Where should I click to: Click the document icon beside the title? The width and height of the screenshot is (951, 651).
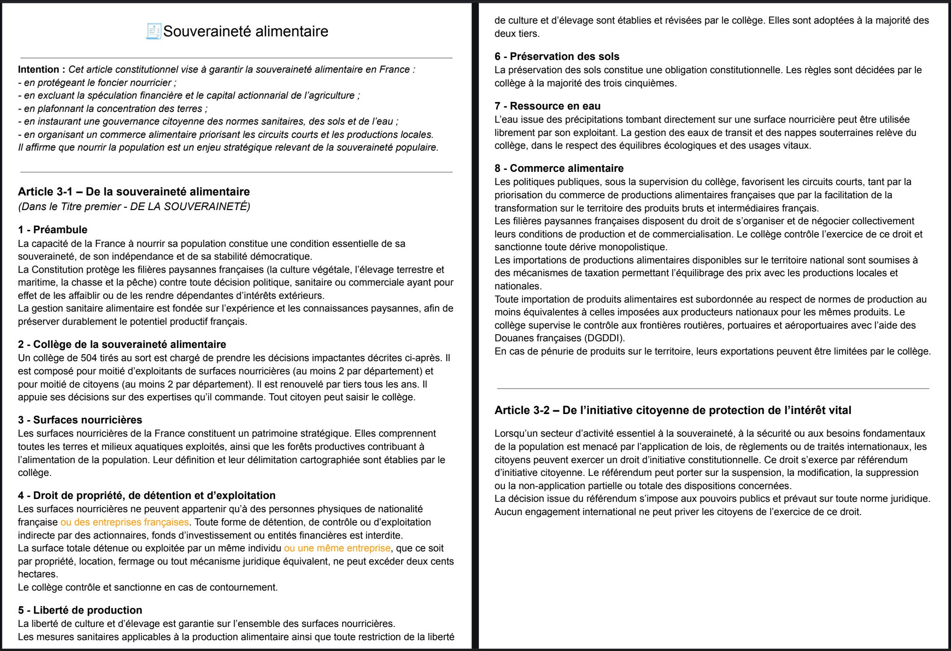point(154,31)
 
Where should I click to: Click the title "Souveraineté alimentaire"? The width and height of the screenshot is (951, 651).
point(245,31)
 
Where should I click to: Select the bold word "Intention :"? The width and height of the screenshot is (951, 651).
point(42,69)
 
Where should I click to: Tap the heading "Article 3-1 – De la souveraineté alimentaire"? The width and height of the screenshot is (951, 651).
point(134,192)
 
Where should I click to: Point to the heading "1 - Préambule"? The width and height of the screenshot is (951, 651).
point(52,230)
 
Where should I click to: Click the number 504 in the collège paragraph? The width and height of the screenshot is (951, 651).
point(89,358)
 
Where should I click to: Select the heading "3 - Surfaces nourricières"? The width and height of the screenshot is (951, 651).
point(80,420)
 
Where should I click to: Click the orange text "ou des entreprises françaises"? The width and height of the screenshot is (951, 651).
point(125,522)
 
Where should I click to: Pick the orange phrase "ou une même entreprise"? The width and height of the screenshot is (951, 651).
point(337,548)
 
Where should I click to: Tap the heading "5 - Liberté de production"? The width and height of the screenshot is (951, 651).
point(80,610)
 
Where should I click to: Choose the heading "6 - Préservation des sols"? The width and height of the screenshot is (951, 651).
point(556,57)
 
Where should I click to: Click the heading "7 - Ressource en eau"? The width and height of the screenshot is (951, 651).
point(547,106)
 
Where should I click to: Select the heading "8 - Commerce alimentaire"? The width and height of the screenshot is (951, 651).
point(558,169)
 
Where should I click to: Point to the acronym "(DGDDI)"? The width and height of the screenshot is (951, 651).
point(605,338)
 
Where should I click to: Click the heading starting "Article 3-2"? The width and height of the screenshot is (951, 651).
point(673,410)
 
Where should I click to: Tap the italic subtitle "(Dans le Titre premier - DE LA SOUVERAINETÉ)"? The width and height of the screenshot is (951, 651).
point(134,206)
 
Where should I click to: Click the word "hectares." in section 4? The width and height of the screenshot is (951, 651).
point(38,574)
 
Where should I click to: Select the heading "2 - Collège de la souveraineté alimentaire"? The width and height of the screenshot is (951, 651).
point(122,345)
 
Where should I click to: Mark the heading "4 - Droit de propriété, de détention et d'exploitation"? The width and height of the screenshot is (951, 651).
point(146,496)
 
